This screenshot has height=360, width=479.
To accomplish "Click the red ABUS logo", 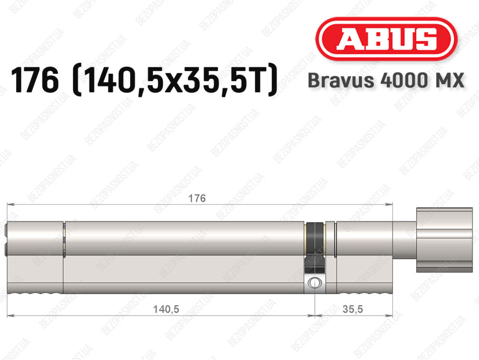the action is (386, 39).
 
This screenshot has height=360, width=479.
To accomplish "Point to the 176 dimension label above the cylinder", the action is (197, 198).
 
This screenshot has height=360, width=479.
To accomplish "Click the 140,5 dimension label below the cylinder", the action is (166, 309).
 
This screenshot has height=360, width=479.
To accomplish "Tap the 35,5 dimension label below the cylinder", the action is (353, 309).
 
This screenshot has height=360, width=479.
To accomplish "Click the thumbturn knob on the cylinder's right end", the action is (444, 240).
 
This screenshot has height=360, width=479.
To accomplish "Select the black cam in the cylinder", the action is (314, 248).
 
